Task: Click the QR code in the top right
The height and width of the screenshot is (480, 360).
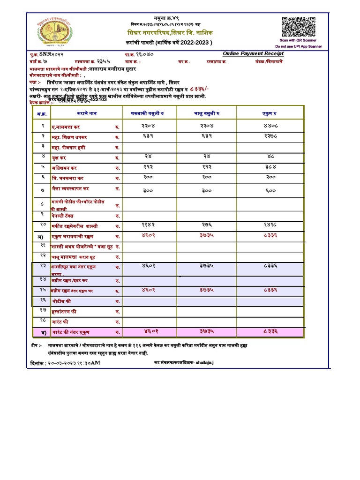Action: coord(296,26)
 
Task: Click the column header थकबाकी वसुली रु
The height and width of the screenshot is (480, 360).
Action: coord(148,113)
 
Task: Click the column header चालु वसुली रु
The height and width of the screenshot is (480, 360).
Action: coord(207,113)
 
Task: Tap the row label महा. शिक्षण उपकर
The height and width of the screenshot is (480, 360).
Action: coord(70,137)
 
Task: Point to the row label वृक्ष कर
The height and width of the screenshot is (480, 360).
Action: coord(59,158)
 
